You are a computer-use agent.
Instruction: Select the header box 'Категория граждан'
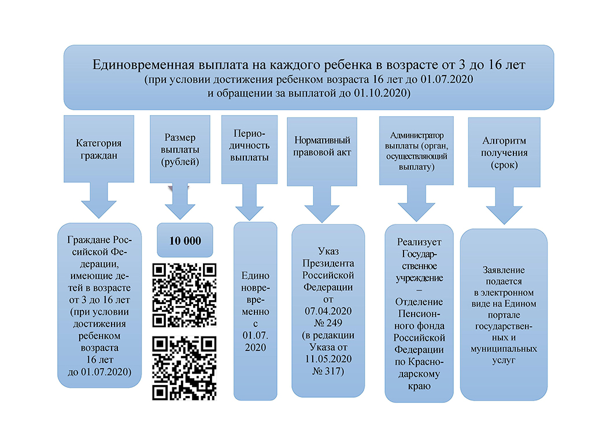point(98,149)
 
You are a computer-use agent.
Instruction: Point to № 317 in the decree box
point(328,371)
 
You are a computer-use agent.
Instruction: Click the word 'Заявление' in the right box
point(504,270)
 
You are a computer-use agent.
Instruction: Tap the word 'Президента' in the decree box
point(328,264)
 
